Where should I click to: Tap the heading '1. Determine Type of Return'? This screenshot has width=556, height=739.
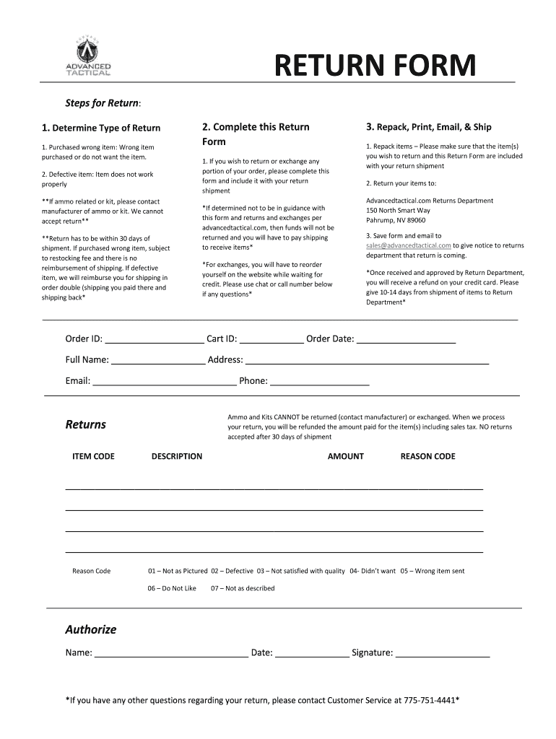(101, 128)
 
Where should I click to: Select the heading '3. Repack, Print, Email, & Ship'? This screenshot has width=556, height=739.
(428, 127)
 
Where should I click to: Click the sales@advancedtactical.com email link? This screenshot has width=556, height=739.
(408, 245)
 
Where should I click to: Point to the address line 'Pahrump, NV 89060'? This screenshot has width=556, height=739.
(396, 220)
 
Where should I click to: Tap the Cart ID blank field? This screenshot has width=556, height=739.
(272, 340)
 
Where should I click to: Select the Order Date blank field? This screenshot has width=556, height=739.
(406, 340)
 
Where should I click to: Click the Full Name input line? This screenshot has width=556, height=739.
(158, 361)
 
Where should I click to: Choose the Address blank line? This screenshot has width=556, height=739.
(367, 361)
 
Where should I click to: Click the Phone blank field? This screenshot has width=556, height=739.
(319, 382)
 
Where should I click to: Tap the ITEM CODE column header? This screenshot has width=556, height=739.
(93, 456)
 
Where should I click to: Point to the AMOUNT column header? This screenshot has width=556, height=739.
(346, 456)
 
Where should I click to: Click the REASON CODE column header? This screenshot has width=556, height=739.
(427, 456)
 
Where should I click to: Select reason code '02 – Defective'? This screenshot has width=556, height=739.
(232, 571)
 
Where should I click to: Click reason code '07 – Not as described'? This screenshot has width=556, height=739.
(243, 588)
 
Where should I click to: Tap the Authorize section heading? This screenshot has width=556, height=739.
(91, 629)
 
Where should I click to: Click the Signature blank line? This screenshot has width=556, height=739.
(443, 654)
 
